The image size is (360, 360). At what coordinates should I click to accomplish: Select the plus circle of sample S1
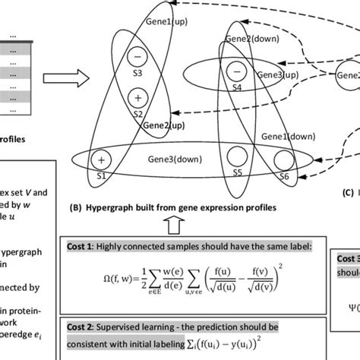click(x=100, y=160)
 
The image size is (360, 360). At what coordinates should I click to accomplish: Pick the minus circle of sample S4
click(x=237, y=72)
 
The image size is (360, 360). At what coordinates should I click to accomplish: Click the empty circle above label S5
click(x=238, y=159)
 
